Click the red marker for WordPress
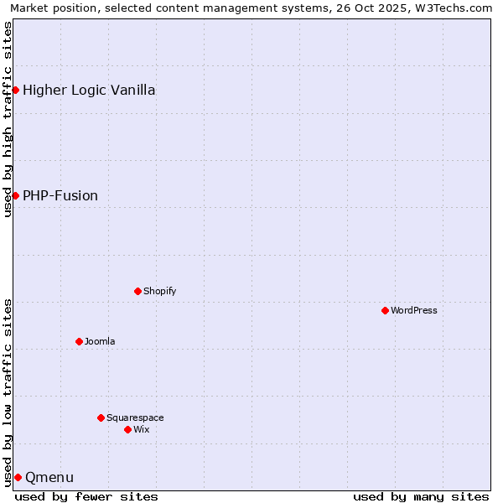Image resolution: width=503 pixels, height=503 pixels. tap(385, 310)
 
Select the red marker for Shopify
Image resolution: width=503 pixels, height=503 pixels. tap(137, 291)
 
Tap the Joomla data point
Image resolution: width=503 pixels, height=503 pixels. tap(79, 341)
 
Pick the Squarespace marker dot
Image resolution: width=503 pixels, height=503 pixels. tap(101, 417)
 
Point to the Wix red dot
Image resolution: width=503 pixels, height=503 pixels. tap(127, 429)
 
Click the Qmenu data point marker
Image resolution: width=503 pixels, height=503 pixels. tap(18, 477)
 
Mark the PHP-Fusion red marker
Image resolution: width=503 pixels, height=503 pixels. tap(15, 195)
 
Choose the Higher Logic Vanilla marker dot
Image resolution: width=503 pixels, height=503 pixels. tap(15, 90)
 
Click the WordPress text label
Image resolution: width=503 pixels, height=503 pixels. tap(414, 310)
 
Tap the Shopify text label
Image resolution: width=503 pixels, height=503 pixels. tap(159, 291)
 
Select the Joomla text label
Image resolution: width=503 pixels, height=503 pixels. tap(100, 341)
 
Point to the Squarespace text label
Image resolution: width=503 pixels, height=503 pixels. tap(135, 417)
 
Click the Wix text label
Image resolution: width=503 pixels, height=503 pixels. tap(141, 429)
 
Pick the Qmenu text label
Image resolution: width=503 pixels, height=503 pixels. tap(49, 477)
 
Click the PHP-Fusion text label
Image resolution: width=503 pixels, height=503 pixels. tap(60, 195)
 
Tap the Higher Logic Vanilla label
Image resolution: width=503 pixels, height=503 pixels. tap(89, 90)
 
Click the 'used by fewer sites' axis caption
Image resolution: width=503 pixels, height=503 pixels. tap(86, 496)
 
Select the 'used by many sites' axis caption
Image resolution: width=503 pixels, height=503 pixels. tap(421, 496)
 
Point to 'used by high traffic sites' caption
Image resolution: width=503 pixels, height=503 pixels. tap(8, 119)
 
